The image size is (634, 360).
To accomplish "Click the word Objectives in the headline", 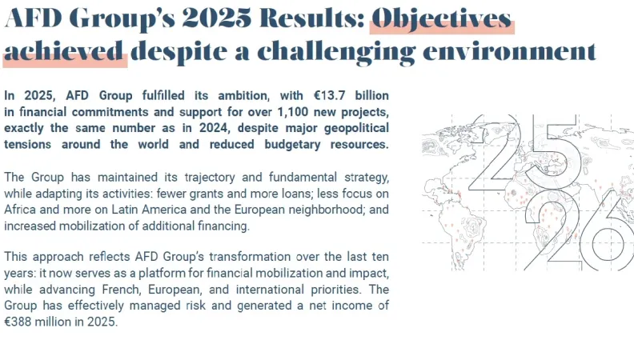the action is click(x=442, y=19).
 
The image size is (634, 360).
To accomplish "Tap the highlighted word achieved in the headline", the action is click(x=63, y=51).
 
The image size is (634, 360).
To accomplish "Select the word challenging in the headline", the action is click(x=336, y=53).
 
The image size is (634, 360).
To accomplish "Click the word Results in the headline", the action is click(x=312, y=18).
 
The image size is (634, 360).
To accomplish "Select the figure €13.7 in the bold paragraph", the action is click(x=330, y=95).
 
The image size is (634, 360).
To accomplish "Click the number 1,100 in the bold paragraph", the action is click(x=293, y=112).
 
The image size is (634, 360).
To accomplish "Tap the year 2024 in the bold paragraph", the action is click(x=214, y=128).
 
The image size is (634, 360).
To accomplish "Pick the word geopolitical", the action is click(x=357, y=129).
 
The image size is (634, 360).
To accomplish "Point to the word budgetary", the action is click(x=292, y=145).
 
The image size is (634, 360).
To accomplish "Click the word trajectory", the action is click(x=210, y=178).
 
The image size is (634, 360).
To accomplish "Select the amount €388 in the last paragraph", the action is click(x=18, y=322).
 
